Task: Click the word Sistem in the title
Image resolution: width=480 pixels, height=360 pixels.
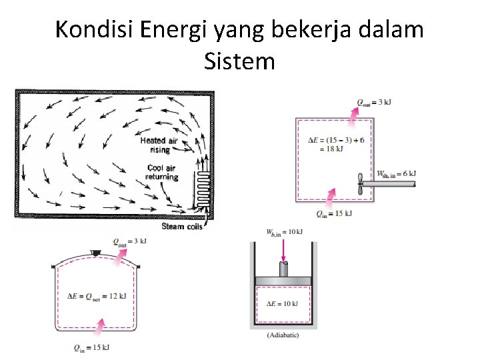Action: (x=239, y=61)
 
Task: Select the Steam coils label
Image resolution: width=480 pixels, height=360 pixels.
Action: (x=182, y=226)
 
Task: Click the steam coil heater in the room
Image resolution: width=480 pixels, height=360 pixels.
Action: (x=202, y=188)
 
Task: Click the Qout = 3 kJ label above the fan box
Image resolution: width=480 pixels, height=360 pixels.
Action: (x=373, y=102)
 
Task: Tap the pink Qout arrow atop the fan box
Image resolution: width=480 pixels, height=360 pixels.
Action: (x=354, y=115)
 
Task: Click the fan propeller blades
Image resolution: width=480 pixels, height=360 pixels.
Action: (x=360, y=181)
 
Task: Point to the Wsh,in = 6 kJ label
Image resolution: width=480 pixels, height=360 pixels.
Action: (x=396, y=173)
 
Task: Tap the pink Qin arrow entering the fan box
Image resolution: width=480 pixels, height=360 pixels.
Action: (x=331, y=195)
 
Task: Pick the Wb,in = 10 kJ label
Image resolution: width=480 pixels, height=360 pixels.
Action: (x=285, y=231)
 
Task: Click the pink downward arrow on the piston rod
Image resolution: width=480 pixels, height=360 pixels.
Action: (x=283, y=250)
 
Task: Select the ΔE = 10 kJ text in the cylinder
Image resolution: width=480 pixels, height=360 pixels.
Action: (x=283, y=303)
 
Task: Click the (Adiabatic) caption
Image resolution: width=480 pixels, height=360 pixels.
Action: (x=283, y=335)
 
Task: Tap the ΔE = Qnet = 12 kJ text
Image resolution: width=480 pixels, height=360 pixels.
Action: (x=96, y=295)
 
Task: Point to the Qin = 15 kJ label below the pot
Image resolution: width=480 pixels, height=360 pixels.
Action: (x=93, y=347)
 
